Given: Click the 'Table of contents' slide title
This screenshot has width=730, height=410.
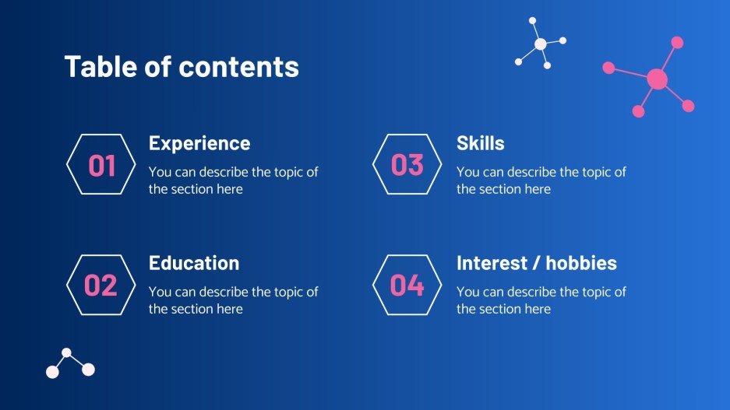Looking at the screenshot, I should click(182, 67).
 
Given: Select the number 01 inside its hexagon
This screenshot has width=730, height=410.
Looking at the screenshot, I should click(102, 166).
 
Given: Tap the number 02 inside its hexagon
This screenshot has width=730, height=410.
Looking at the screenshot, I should click(101, 286).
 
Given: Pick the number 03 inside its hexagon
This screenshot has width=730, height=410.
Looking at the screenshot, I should click(407, 165).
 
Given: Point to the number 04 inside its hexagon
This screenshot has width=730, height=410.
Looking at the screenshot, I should click(407, 286).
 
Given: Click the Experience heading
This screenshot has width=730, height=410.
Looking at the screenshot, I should click(199, 143).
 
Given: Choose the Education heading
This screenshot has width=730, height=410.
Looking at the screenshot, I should click(194, 263).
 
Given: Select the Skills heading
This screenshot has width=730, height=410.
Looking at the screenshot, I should click(480, 143).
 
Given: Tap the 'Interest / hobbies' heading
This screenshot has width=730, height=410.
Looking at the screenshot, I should click(536, 263).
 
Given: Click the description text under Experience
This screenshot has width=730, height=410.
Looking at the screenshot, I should click(233, 180).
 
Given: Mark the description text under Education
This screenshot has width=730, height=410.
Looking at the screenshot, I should click(233, 300).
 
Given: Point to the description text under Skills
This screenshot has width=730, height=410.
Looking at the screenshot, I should click(541, 180).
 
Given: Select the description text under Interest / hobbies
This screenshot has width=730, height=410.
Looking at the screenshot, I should click(541, 300).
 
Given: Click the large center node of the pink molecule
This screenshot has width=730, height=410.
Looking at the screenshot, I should click(657, 79).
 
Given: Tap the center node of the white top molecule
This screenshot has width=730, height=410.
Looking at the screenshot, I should click(540, 44).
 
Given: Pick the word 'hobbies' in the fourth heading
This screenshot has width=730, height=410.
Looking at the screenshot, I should click(580, 263).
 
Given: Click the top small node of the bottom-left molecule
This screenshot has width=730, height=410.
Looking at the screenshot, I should click(66, 352).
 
